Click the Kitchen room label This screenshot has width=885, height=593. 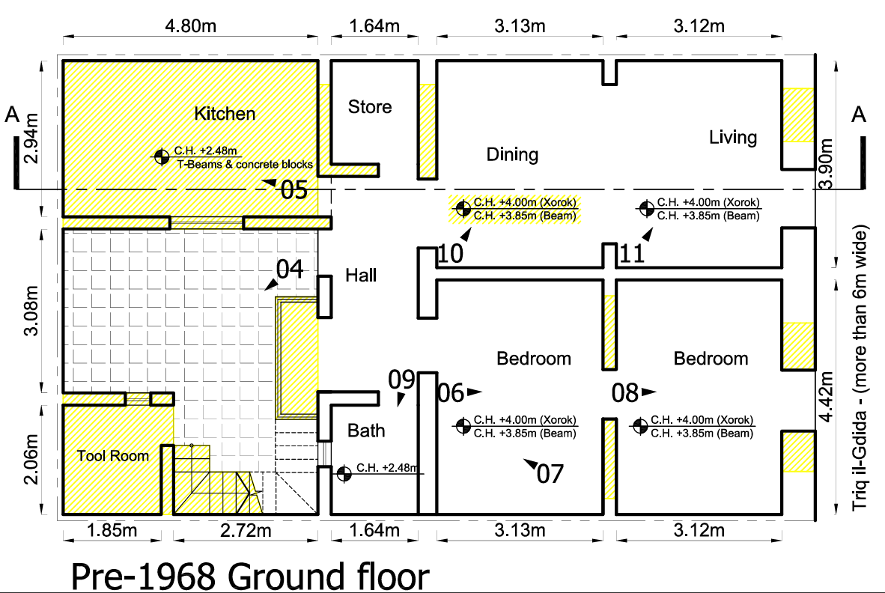225,113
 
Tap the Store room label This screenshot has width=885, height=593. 370,106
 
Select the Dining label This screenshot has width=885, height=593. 512,154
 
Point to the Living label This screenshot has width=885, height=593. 732,137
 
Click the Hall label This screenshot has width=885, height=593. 361,276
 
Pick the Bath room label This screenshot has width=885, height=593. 366,431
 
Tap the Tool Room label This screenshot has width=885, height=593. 113,456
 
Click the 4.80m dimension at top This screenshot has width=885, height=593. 190,26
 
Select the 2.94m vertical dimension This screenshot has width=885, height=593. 31,139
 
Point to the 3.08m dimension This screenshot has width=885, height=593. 31,311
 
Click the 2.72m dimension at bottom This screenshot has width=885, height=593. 246,530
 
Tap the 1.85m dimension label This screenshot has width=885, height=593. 112,530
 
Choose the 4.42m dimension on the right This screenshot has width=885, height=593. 826,397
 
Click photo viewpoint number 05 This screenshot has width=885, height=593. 294,190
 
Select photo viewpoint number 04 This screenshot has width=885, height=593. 290,269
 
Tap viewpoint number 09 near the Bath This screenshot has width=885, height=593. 401,380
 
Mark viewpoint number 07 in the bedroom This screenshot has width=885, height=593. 550,474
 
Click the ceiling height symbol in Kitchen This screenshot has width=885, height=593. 162,156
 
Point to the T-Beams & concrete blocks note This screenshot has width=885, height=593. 245,164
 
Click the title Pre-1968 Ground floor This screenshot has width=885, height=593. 250,576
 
